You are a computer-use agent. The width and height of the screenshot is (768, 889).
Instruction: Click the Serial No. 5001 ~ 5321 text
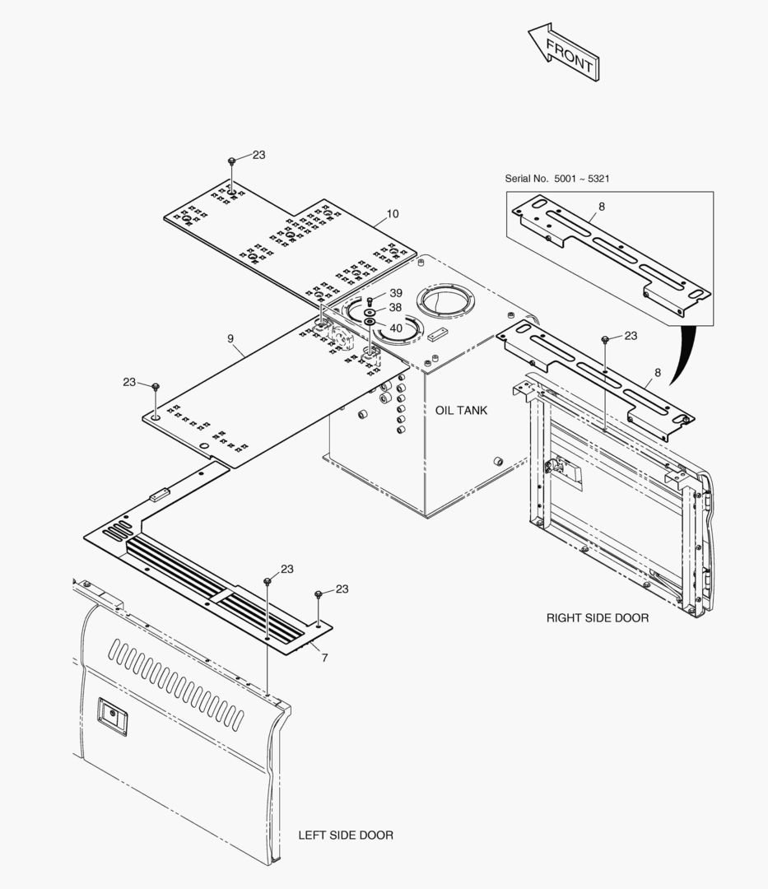557,179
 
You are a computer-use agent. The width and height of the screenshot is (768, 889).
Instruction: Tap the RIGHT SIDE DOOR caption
597,617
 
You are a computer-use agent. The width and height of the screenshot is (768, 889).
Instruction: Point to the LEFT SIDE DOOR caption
345,835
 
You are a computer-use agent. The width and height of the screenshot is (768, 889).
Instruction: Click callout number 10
393,214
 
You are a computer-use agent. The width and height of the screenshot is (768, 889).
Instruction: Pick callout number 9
231,338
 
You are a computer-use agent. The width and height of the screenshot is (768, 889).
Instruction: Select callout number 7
324,657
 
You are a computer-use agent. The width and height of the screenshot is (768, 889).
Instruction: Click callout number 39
396,293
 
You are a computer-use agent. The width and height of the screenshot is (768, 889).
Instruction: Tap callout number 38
396,308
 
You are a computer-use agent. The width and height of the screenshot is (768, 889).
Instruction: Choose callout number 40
396,328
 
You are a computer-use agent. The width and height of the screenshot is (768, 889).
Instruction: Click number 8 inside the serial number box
602,207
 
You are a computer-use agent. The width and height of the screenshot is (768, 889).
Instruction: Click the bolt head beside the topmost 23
233,161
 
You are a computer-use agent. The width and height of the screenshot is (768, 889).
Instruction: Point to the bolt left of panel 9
155,385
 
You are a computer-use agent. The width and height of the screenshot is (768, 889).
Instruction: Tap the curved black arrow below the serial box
683,354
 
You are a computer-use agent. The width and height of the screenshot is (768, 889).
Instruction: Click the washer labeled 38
370,313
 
